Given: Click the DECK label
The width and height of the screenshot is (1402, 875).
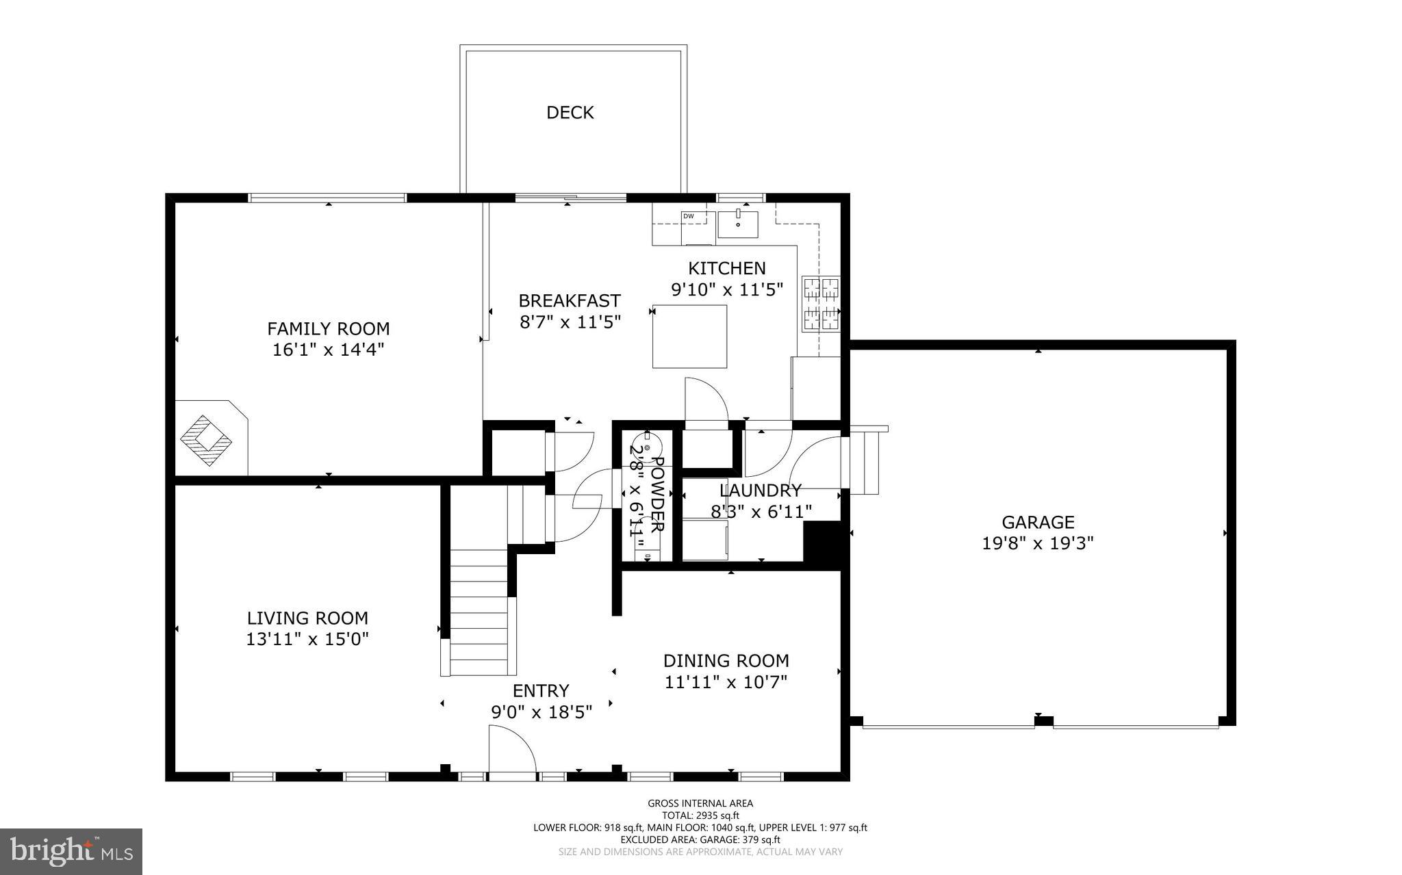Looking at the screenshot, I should (570, 113).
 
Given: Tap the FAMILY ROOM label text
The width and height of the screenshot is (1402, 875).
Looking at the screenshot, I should (328, 328).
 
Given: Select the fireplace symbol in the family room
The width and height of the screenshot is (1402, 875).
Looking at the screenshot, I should (206, 441).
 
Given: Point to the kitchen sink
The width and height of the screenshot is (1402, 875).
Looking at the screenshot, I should (738, 224).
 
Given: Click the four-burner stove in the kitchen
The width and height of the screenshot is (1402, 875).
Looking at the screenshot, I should (821, 304).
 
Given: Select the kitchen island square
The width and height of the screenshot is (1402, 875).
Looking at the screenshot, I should (689, 337).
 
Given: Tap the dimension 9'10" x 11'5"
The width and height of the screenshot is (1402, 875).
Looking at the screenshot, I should (726, 290).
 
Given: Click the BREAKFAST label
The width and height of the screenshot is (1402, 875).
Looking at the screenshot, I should (569, 301).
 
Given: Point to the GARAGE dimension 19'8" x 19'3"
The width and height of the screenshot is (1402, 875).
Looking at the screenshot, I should (1037, 544).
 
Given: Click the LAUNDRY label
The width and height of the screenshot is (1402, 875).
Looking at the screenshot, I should (760, 491).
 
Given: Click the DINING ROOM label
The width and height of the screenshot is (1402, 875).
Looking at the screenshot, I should (726, 661).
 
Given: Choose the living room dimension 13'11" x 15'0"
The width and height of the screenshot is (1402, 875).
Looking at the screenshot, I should (307, 640).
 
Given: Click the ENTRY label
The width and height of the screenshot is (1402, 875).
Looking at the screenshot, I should (541, 691).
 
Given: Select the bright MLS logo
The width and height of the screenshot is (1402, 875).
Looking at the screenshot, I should (71, 852).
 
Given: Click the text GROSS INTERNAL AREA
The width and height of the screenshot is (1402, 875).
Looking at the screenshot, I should (700, 804).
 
